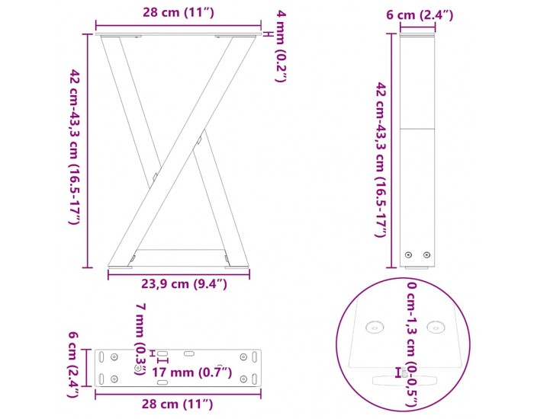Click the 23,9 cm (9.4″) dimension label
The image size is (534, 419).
pos(185,285)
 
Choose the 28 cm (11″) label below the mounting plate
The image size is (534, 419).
pos(177,403)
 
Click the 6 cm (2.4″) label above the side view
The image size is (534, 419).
pos(419,14)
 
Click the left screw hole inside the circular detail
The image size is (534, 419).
pos(374,328)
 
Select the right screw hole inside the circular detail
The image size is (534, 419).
pos(436,328)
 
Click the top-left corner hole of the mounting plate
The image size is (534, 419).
pos(114,356)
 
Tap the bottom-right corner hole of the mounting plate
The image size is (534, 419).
pos(243,379)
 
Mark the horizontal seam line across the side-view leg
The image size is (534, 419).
pos(418,128)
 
